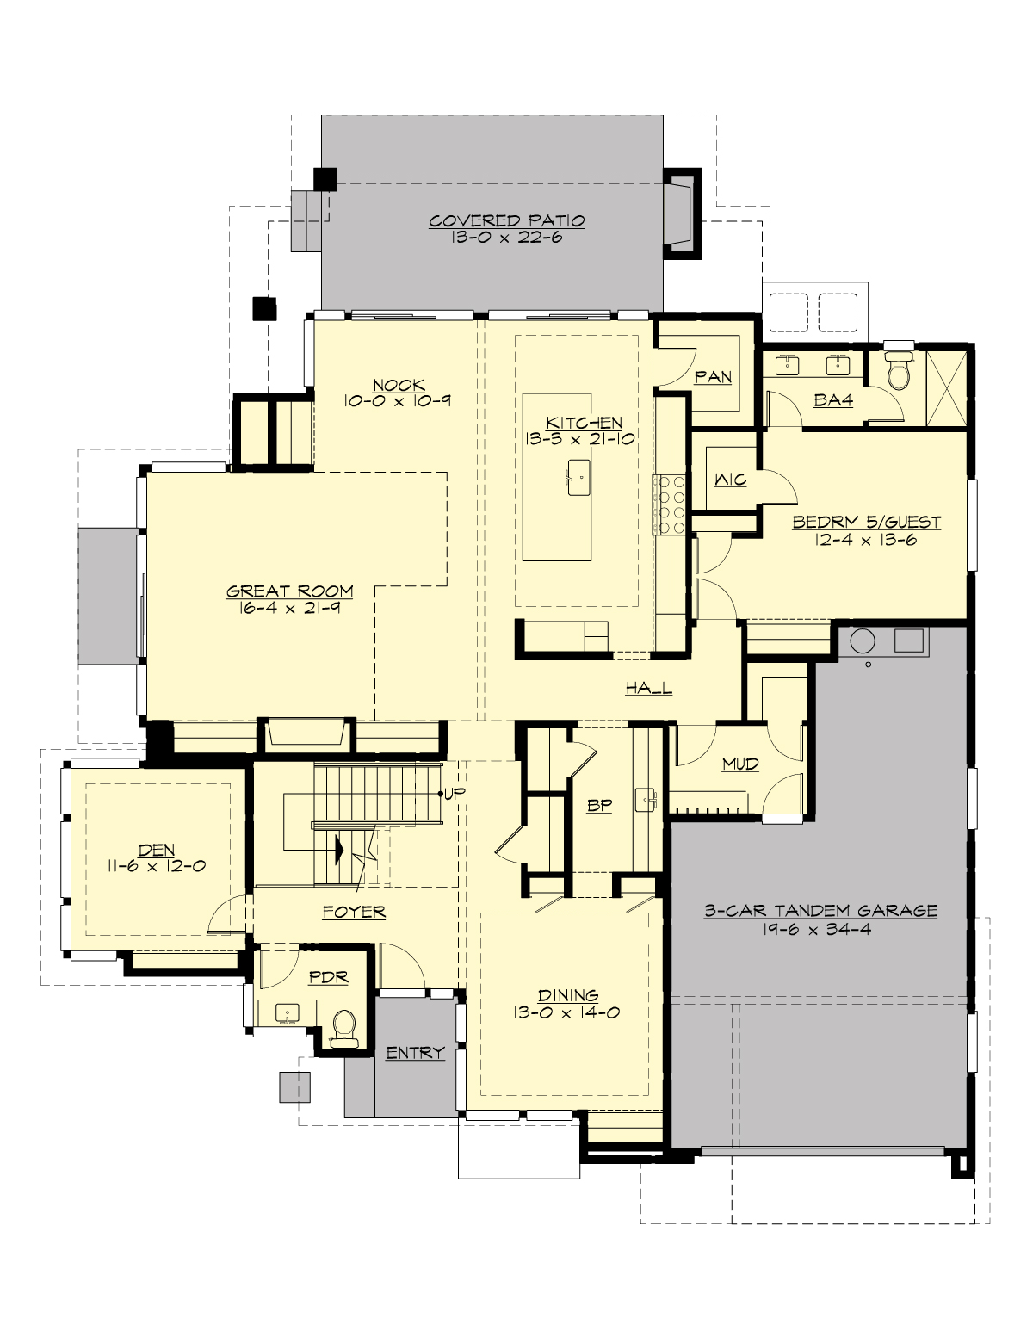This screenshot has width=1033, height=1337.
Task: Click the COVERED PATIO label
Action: coord(507,220)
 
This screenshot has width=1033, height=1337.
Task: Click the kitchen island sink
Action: coord(577,474)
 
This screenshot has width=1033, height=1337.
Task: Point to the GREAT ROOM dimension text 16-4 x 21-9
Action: coord(289,607)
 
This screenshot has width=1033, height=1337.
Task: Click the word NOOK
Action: coord(399,385)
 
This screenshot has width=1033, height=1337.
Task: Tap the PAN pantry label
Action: coord(713,377)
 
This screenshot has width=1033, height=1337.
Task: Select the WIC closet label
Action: coord(730,480)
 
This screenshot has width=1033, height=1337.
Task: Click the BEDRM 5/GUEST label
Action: coord(866,522)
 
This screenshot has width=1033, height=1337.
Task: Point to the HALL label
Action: coord(648,688)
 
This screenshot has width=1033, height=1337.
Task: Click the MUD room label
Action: coord(739,764)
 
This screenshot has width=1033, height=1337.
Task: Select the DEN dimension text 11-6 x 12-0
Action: coord(157,866)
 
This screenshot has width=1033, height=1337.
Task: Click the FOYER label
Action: coord(354,912)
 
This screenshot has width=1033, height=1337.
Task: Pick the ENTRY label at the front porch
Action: coord(415,1053)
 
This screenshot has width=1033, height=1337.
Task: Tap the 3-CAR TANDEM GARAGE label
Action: coord(820,911)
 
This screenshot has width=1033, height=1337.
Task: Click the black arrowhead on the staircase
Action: coord(339,849)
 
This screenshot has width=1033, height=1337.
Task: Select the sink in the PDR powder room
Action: coord(286,1013)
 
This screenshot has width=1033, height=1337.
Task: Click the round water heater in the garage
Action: coord(863,641)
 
